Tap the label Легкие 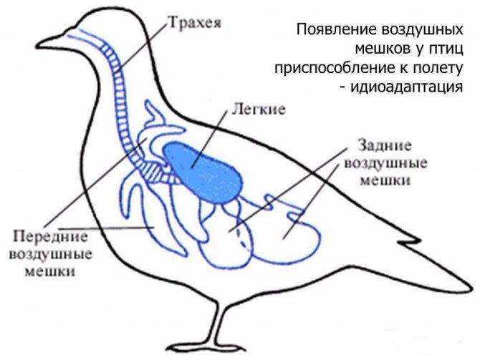(259, 110)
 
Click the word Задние (385, 146)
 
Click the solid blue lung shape (203, 172)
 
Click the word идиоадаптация (406, 87)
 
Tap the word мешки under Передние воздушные (49, 271)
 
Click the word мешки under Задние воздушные (385, 180)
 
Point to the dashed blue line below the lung (244, 239)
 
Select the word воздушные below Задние (385, 164)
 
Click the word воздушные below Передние (51, 255)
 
